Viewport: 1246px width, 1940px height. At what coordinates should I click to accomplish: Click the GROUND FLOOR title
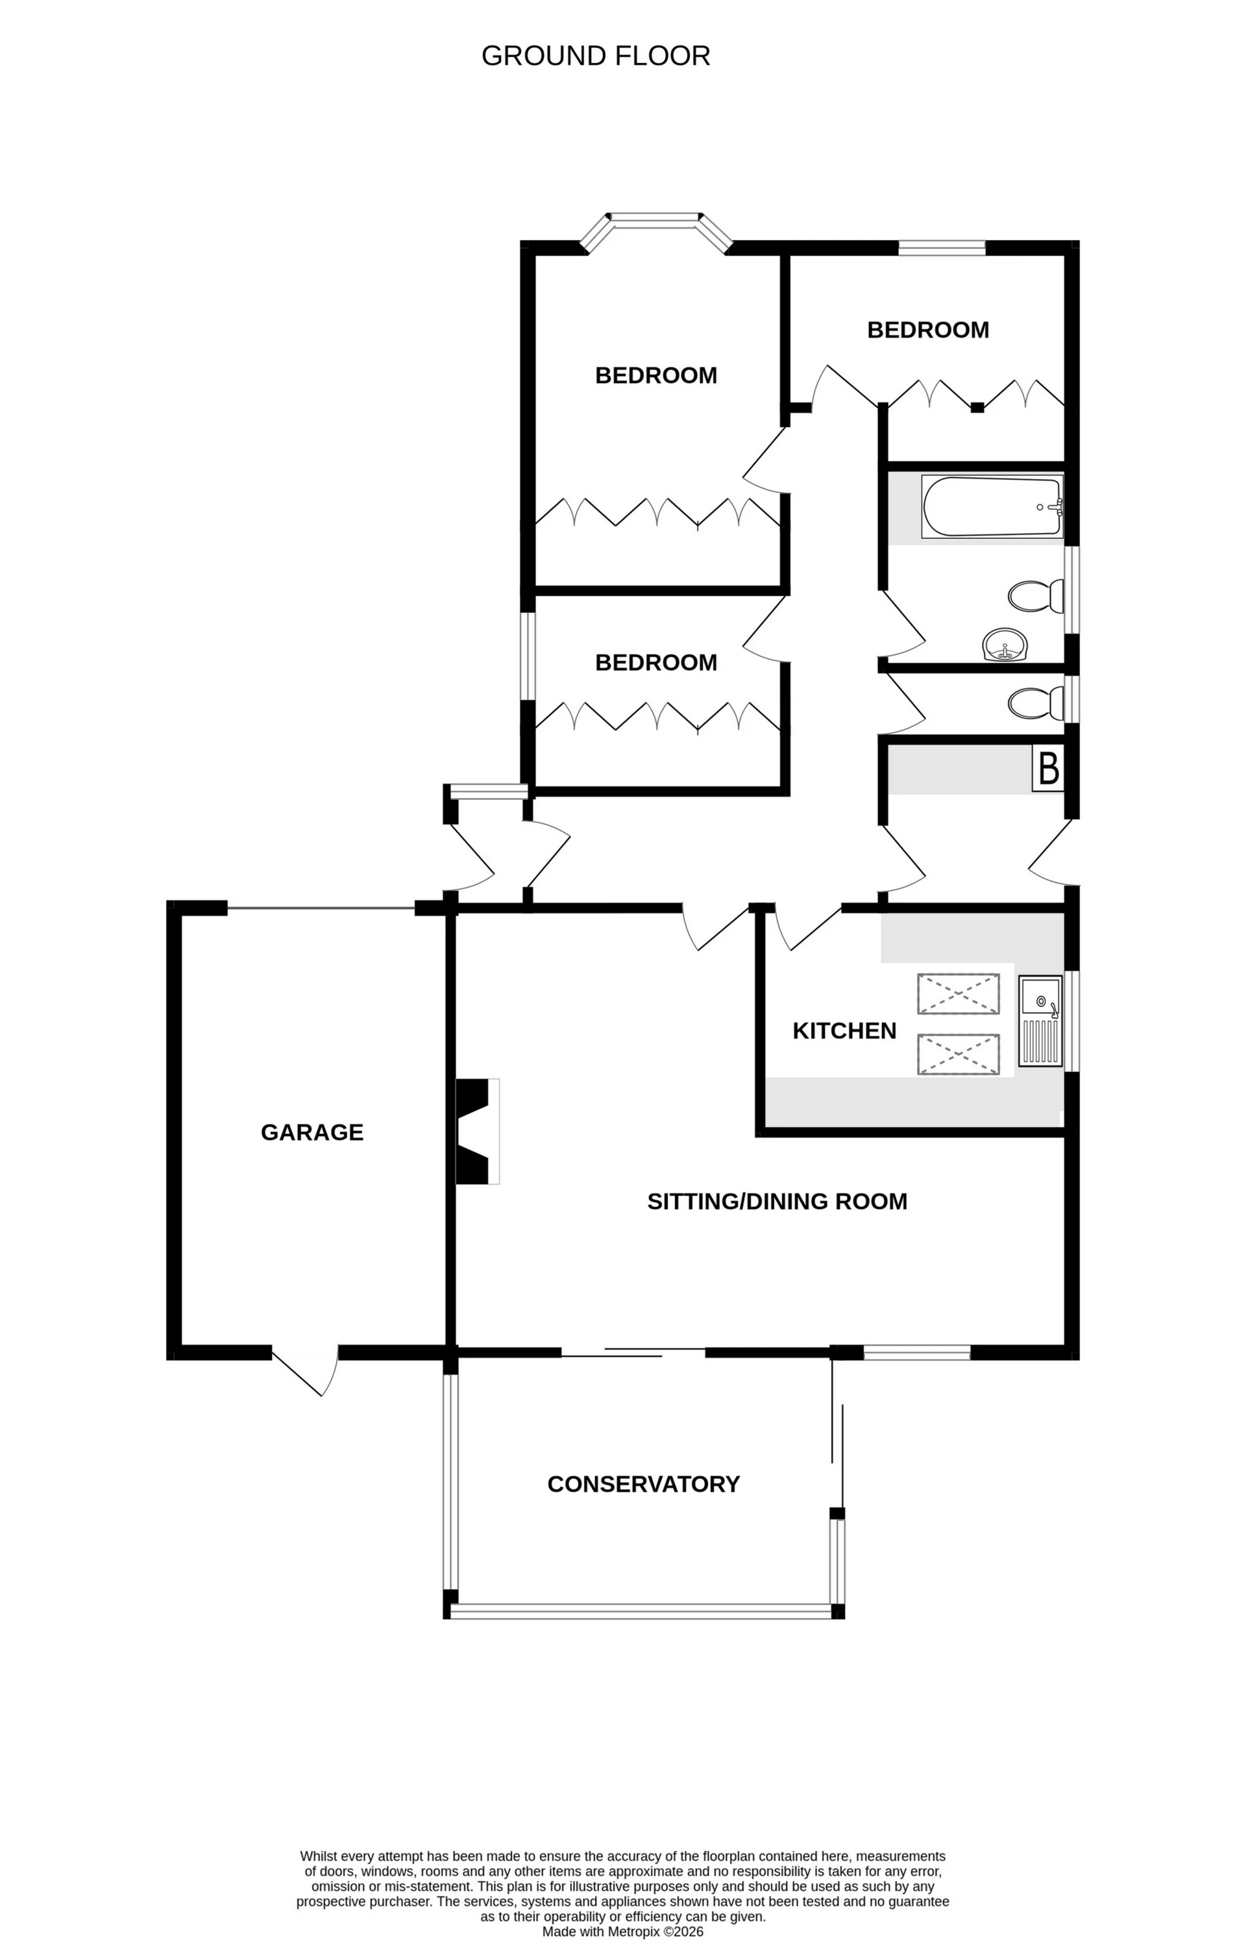point(596,56)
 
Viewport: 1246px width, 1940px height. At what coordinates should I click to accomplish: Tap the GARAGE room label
point(311,1132)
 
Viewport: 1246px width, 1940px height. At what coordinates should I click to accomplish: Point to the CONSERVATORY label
point(643,1484)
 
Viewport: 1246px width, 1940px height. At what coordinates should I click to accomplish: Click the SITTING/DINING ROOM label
point(777,1201)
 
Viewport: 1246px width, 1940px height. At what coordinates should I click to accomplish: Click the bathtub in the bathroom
point(992,506)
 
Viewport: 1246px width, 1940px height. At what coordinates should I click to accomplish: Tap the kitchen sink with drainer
point(1040,1020)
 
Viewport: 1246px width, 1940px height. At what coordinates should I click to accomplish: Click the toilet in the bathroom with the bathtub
point(1035,597)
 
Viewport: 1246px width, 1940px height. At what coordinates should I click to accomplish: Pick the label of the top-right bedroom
point(927,330)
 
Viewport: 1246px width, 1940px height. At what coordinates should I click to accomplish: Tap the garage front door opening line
point(321,908)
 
